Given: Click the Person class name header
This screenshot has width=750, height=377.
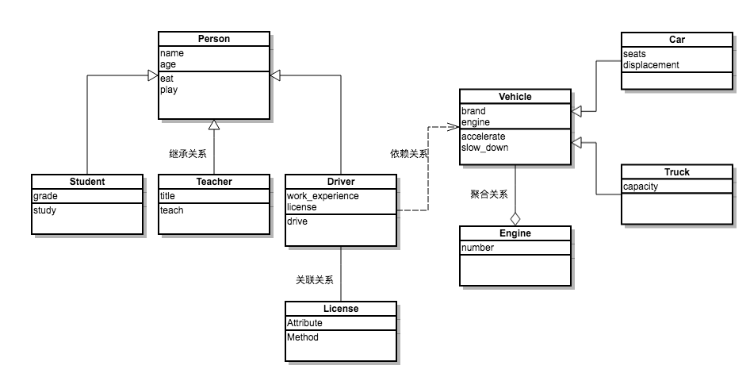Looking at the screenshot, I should (214, 38).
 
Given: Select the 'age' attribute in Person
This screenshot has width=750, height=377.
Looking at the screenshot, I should (168, 64).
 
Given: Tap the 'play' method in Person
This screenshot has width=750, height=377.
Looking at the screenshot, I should (169, 90).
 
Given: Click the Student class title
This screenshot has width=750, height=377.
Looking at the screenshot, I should (87, 181).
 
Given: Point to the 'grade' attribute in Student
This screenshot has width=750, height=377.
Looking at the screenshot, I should (45, 196).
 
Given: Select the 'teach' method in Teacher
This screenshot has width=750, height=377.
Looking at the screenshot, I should (171, 210).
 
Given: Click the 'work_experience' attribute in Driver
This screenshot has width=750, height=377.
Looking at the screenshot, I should (323, 196).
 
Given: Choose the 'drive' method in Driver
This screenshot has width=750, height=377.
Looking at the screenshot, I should (297, 221).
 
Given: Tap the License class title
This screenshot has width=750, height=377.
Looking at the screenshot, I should (341, 309).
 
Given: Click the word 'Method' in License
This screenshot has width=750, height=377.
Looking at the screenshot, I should (303, 337).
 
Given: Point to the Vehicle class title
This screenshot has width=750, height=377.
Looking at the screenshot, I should (515, 97).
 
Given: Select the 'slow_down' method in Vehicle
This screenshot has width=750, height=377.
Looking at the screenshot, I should (485, 148).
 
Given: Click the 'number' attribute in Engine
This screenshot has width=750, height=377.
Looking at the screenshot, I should (477, 248).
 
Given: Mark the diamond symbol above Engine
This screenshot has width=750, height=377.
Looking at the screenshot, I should (515, 217).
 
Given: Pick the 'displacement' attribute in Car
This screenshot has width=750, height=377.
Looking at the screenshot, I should (651, 65).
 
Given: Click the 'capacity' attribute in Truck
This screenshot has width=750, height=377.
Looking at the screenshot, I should (641, 187).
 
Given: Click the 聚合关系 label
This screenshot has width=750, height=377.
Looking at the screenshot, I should (489, 194).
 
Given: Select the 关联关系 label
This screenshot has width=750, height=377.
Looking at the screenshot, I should (315, 279).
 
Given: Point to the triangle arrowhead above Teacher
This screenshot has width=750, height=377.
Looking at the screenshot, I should (214, 125).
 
